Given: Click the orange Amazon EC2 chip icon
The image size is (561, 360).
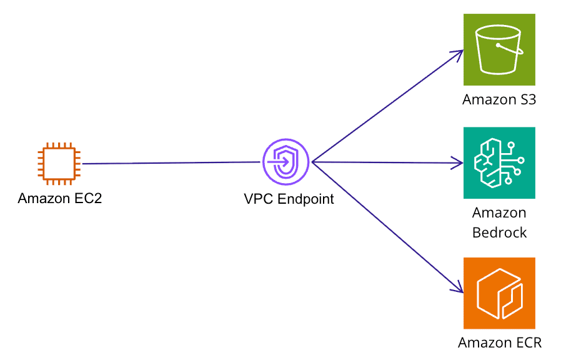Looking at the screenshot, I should click(x=58, y=164).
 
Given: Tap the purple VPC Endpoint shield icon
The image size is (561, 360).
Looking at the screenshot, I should click(x=286, y=162).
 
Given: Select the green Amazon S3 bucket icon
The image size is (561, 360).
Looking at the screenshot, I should click(x=499, y=49).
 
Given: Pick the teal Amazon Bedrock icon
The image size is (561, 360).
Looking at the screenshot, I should click(x=499, y=163).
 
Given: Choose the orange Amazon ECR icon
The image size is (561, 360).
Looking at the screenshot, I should click(x=499, y=293).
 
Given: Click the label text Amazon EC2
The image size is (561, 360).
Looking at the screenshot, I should click(x=59, y=199).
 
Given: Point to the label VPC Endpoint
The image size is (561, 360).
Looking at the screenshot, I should click(x=289, y=199).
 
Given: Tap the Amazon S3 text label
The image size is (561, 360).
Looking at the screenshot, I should click(x=499, y=100).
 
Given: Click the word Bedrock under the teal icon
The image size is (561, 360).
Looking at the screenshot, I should click(x=499, y=232).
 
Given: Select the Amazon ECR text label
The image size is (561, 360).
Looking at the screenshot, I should click(x=499, y=342).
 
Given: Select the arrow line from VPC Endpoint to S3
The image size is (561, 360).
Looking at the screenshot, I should click(x=384, y=108).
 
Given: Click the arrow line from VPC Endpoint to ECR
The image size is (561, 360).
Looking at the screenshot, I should click(x=384, y=225).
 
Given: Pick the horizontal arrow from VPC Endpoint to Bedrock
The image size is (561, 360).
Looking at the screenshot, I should click(x=384, y=162).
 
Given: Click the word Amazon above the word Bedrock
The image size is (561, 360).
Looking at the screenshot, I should click(x=499, y=213).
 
